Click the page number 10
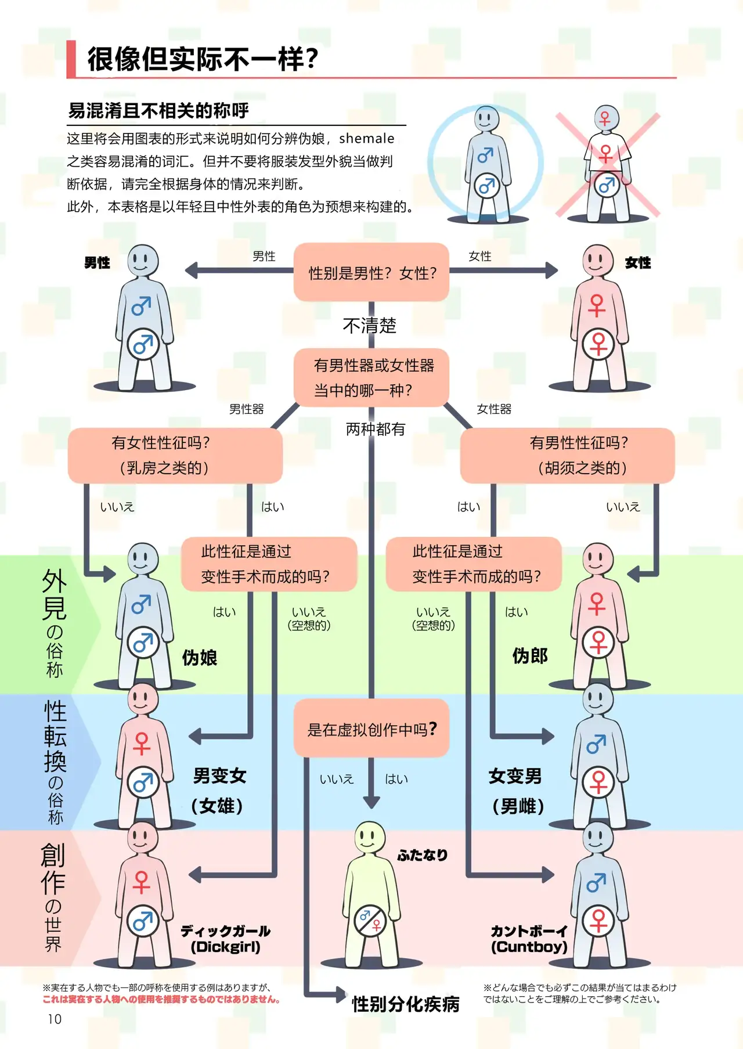(55, 1019)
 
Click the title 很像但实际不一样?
(203, 59)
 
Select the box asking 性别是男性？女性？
(371, 272)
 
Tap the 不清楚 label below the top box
(370, 325)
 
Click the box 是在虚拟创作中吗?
(371, 729)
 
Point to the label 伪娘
(199, 658)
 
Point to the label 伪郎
(530, 656)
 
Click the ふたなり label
(423, 855)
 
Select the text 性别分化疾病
(406, 1004)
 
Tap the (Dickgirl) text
(225, 947)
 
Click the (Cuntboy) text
(529, 947)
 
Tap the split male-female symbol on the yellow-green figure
(370, 920)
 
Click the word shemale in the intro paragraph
(366, 139)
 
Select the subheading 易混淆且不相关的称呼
(158, 110)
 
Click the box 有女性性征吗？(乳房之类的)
(175, 455)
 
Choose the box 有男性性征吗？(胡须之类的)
(567, 455)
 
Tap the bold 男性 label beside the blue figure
(97, 263)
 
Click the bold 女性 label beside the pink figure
(637, 263)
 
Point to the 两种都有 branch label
(376, 429)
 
